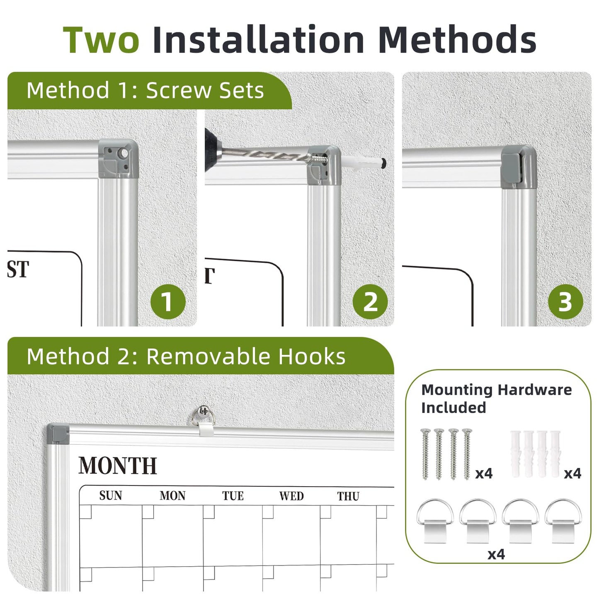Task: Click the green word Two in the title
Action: pyautogui.click(x=101, y=40)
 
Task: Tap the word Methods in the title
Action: pyautogui.click(x=457, y=39)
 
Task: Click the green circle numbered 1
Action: pyautogui.click(x=168, y=301)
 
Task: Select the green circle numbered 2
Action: pyautogui.click(x=370, y=301)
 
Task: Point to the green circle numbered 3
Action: pyautogui.click(x=565, y=301)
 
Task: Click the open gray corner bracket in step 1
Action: pyautogui.click(x=119, y=159)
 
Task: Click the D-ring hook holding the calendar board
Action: pyautogui.click(x=203, y=419)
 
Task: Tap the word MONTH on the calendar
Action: pyautogui.click(x=117, y=466)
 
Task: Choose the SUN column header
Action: pyautogui.click(x=111, y=495)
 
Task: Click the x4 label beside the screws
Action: pyautogui.click(x=484, y=473)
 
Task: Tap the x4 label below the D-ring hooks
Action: pyautogui.click(x=496, y=554)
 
